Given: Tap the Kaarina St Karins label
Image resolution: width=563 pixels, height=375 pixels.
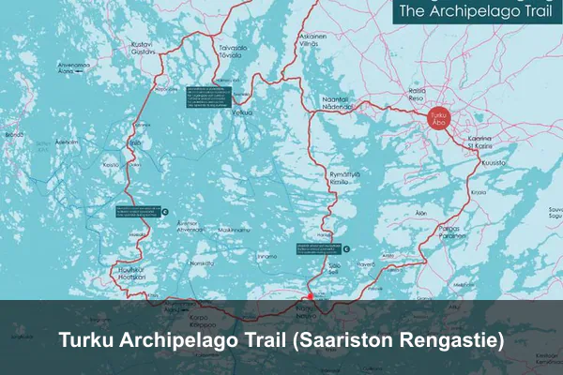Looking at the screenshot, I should tap(479, 142).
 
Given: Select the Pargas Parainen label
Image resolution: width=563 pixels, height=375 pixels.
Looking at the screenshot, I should tap(450, 232).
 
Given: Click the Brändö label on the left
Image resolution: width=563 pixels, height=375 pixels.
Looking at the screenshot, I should tap(13, 135).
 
